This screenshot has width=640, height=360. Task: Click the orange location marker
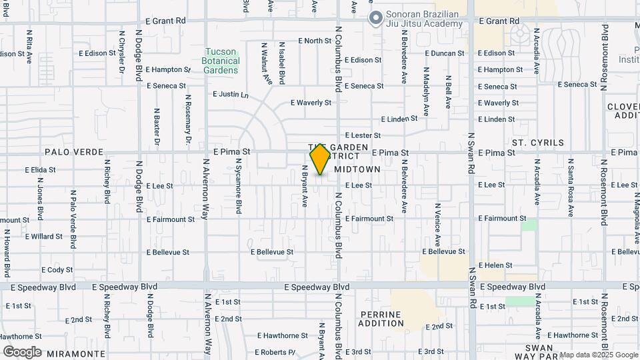[x=320, y=159]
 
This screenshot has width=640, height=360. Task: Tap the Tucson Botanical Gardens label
[x=221, y=61]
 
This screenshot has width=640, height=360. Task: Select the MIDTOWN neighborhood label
[x=357, y=169]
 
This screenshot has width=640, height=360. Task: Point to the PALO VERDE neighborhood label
[x=67, y=152]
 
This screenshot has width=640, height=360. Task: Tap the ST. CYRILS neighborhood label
[x=537, y=143]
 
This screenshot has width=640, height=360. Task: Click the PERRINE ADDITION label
[x=381, y=319]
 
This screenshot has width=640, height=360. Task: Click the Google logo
[x=22, y=352]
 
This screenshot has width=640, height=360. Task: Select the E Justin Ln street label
[x=231, y=95]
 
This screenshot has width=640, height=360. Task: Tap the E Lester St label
[x=363, y=135]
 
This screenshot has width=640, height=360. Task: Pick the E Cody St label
[x=57, y=270]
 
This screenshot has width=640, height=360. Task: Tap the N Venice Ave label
[x=437, y=224]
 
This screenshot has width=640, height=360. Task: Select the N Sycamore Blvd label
[x=238, y=191]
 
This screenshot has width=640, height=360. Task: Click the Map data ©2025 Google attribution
[x=598, y=355]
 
